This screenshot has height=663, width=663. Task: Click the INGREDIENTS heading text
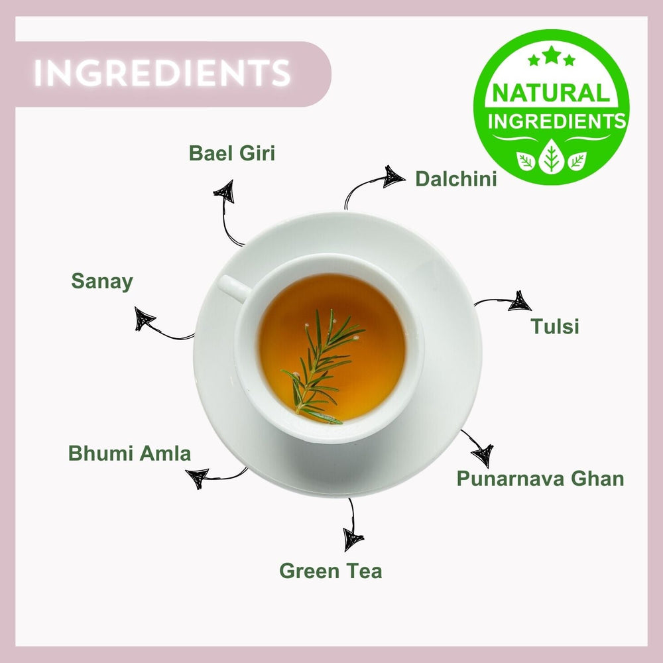162,73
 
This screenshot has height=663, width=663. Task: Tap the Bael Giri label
231,153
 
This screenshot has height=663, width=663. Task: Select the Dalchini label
455,178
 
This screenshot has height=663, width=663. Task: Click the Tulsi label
554,326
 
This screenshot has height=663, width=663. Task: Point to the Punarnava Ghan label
540,478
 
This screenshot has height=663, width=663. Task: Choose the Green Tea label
330,570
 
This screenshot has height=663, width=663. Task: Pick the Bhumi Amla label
129,453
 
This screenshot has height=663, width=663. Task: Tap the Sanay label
102,281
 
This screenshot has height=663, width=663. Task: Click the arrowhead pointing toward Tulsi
520,302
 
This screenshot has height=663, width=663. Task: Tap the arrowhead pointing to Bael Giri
224,192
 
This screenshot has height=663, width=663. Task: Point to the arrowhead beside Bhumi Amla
198,477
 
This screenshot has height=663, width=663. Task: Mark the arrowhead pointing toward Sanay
144,319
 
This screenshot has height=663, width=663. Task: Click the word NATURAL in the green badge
551,93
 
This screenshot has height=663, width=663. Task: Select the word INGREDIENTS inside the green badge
556,121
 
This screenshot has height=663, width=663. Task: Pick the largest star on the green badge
551,56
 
